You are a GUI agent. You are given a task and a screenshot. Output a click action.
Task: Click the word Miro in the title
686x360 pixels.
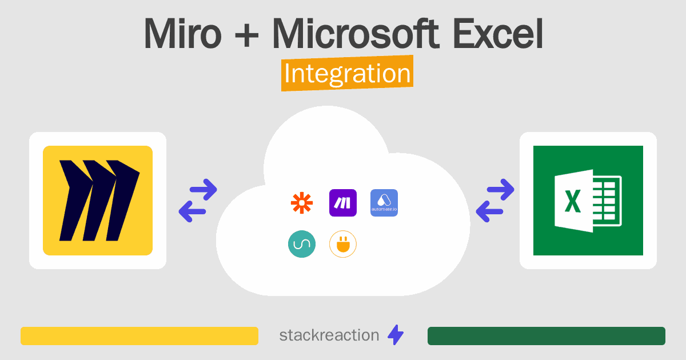pos(182,33)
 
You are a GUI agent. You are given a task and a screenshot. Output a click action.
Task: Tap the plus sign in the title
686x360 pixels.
pos(246,37)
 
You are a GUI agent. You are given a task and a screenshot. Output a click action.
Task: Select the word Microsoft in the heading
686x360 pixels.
pos(356,33)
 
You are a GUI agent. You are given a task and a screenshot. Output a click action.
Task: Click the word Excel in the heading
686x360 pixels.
pos(498,33)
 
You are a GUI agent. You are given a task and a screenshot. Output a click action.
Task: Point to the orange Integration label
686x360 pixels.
pos(348,73)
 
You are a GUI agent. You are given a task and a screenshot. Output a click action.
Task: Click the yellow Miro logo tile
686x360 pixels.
pos(98,201)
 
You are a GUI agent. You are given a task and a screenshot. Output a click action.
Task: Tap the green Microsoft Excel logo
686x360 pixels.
pos(588,201)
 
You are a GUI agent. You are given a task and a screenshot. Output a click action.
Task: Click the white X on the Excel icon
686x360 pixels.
pos(572,201)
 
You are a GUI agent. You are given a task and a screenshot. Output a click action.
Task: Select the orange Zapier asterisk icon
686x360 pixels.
pos(302,203)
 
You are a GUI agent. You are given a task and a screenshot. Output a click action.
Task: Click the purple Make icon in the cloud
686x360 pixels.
pos(342,203)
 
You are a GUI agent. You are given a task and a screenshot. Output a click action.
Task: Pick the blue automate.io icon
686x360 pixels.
pos(384,203)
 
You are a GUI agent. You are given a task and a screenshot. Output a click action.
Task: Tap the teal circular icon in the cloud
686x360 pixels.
pos(302,244)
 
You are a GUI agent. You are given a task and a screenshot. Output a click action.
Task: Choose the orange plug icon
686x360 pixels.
pos(342,244)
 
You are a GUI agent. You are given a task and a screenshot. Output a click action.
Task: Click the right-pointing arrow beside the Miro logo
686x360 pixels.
pos(204,190)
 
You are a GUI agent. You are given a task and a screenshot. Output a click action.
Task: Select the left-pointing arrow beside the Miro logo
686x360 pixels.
pos(192,211)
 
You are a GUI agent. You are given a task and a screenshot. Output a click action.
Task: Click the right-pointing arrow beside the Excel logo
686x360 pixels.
pos(501,190)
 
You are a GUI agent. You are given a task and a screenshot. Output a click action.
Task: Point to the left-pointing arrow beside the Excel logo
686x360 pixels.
pos(489,211)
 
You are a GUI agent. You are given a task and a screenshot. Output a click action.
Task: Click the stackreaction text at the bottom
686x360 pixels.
pos(329,335)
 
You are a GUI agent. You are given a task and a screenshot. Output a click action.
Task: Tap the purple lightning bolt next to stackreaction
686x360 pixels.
pos(396,335)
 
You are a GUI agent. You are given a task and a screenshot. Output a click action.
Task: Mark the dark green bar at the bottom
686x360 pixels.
pos(547,336)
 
